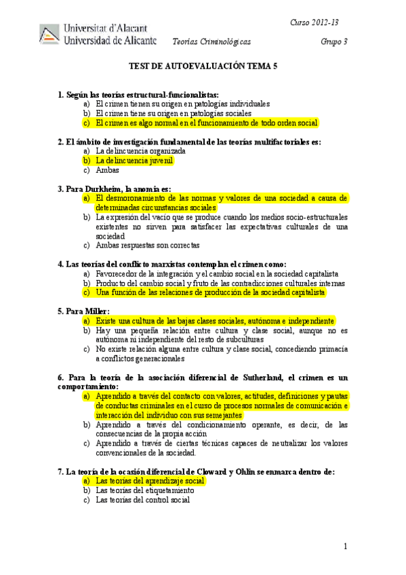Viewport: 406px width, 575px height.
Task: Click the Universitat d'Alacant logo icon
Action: tap(49, 35)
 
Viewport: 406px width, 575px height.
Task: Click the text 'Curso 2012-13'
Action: tap(314, 23)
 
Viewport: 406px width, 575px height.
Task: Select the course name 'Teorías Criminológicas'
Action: tap(211, 41)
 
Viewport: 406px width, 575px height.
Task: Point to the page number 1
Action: tap(346, 547)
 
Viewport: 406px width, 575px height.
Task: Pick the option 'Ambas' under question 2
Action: tap(108, 170)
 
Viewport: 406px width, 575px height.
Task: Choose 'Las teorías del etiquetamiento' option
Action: tap(145, 490)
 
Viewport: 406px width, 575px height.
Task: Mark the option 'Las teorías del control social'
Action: tap(143, 500)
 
